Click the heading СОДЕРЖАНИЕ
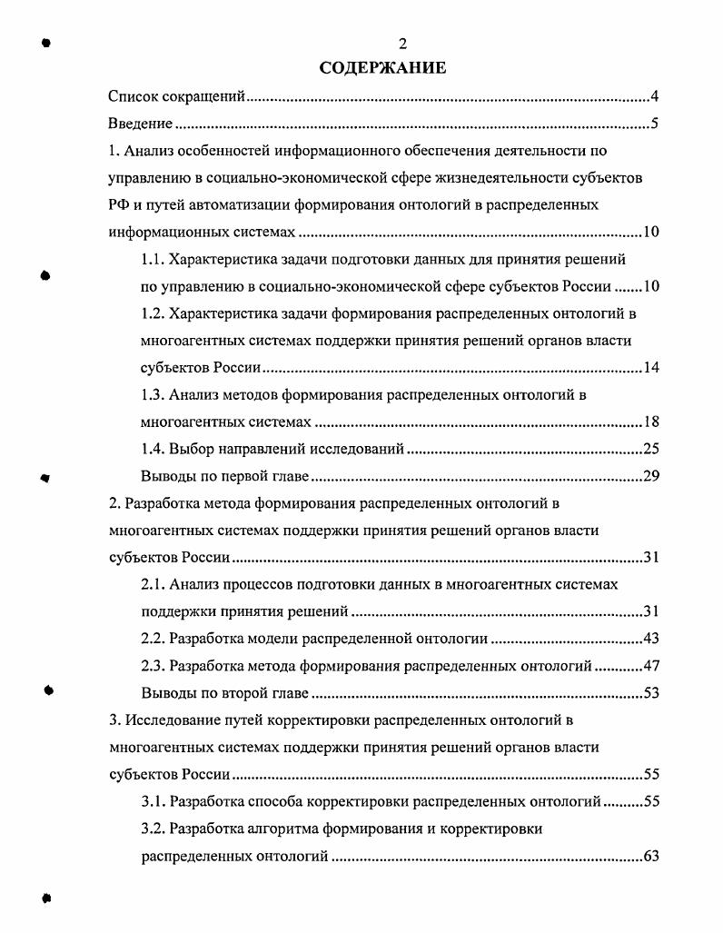(382, 68)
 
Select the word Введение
(140, 124)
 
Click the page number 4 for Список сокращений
(654, 96)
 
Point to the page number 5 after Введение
(654, 124)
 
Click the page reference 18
(650, 422)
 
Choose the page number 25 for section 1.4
(650, 449)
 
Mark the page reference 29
(650, 476)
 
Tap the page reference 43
(650, 638)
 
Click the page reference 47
(650, 665)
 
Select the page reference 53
(650, 693)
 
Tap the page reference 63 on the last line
(650, 856)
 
